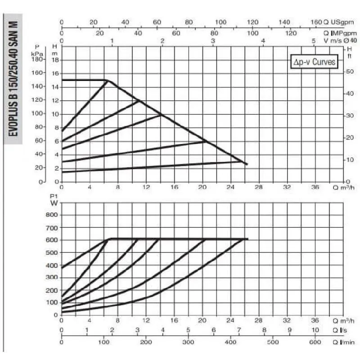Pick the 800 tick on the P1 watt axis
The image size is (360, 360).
(x=51, y=215)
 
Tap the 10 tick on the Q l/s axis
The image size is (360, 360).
(x=315, y=330)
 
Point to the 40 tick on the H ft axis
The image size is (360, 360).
(x=351, y=93)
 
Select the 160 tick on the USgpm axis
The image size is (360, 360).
(x=316, y=22)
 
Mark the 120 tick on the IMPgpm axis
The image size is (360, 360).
(x=292, y=32)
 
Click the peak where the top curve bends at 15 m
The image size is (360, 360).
(x=107, y=80)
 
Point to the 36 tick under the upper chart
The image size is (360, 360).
(x=315, y=187)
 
